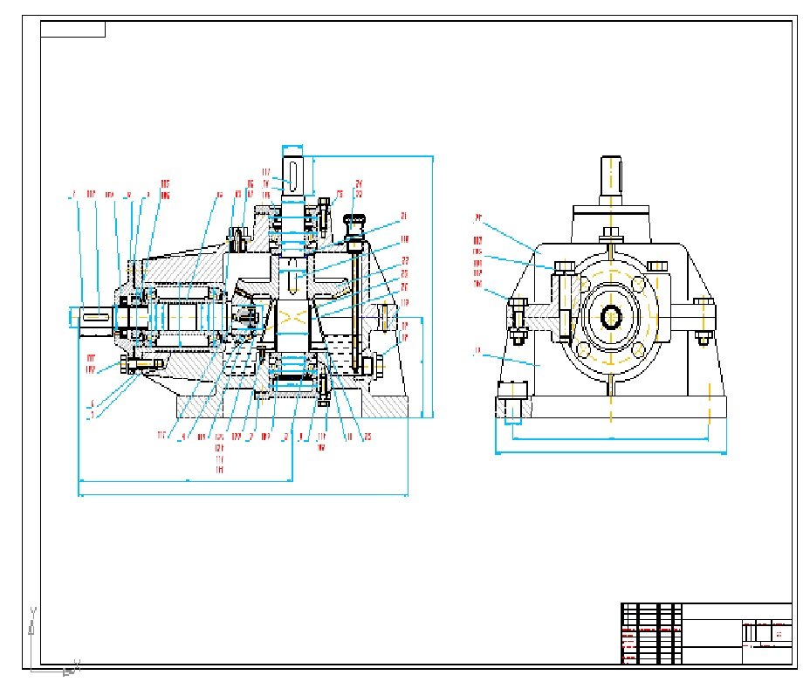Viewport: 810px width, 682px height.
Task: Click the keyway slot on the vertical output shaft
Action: coord(297,175)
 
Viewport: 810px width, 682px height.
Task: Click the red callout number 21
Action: coord(404,215)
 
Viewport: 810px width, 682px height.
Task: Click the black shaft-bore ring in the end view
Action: coord(610,316)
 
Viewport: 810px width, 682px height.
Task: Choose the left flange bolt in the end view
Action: coord(517,319)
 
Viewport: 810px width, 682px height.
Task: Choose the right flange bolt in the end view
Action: coord(704,320)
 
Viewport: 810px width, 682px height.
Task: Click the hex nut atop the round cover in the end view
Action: coord(611,232)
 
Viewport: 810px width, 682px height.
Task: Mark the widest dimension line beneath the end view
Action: coord(610,452)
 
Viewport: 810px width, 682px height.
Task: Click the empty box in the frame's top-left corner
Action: coord(72,29)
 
